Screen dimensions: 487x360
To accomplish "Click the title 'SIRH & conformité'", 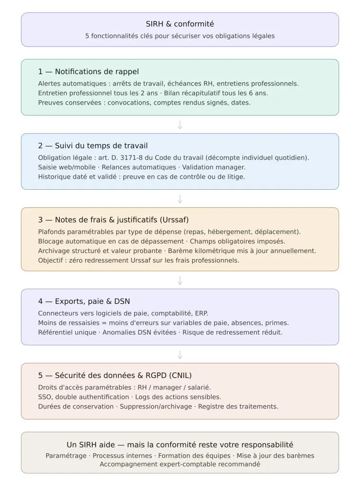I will click(180, 24).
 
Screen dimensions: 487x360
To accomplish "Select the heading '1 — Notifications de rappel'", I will click(88, 72).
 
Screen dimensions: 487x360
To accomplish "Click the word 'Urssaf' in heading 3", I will click(163, 220).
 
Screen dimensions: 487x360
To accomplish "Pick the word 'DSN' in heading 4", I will click(122, 302).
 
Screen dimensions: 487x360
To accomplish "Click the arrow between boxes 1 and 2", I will click(180, 125).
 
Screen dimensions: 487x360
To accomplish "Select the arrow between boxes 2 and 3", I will click(180, 199).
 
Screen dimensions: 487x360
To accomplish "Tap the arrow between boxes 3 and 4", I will click(180, 281).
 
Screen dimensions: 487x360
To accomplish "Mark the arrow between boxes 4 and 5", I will click(180, 355).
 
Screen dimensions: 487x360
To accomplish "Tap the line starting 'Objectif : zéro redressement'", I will click(138, 261).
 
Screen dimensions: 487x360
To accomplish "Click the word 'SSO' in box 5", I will click(45, 397).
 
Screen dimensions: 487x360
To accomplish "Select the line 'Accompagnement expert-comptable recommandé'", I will click(180, 465).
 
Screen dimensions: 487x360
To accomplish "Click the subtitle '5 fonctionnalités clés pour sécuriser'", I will click(180, 36).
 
